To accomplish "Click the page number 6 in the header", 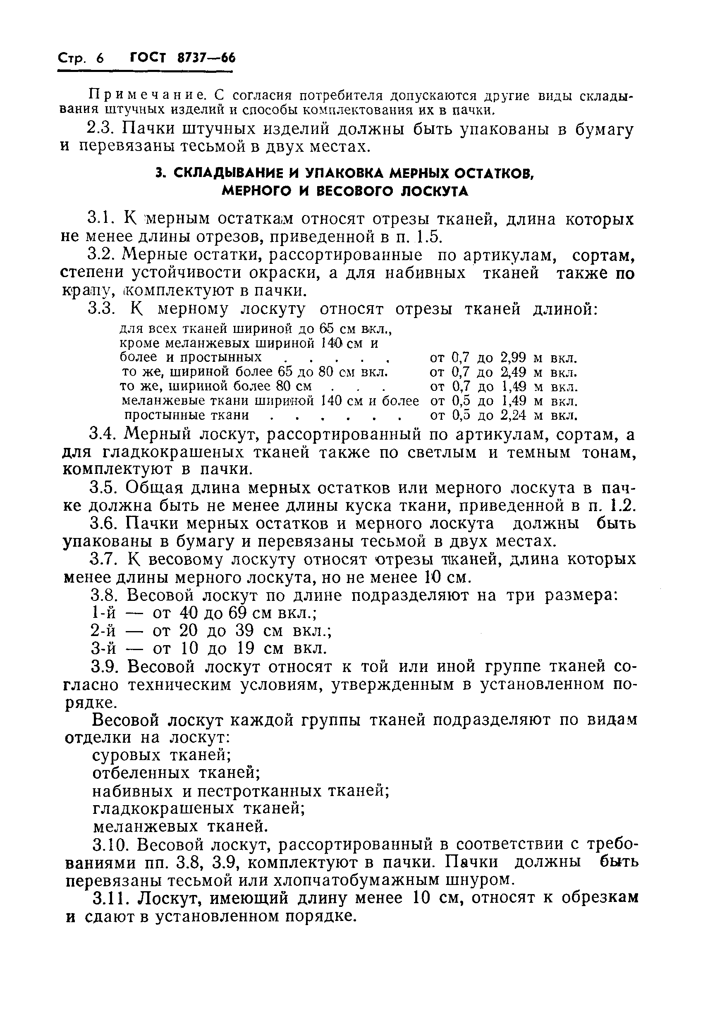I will (100, 58).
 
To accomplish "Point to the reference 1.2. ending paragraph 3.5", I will (623, 505).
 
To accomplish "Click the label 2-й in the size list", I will (104, 631).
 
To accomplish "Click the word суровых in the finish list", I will (127, 756).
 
